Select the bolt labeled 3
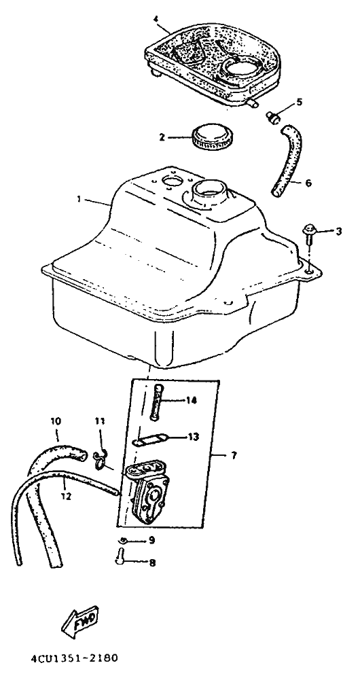tap(310, 233)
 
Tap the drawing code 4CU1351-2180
tap(74, 659)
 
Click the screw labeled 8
tap(120, 556)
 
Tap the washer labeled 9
tap(123, 539)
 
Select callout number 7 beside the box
tap(234, 456)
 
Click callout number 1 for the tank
tap(79, 198)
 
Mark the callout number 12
tap(66, 497)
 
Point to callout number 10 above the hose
tap(56, 421)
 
